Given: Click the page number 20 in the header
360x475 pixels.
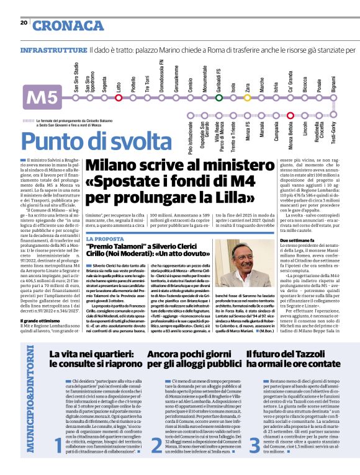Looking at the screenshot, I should (x=24, y=23).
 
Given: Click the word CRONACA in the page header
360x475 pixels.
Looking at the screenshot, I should (x=69, y=25).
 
